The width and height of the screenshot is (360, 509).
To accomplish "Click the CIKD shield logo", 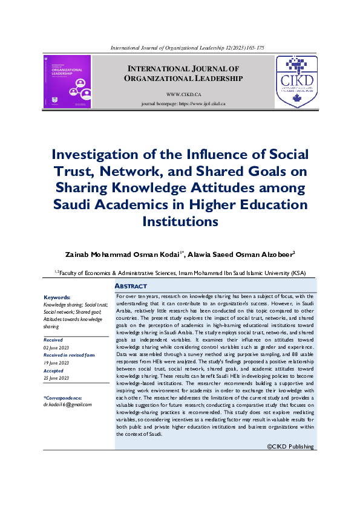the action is click(296, 82).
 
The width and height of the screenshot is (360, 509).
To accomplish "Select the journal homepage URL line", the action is click(183, 104).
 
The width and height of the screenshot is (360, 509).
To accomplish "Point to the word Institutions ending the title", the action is click(180, 222).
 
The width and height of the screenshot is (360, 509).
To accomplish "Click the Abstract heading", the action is click(131, 286).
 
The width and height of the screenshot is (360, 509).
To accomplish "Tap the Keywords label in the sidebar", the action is click(57, 297).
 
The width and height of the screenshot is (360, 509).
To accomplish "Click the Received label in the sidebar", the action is click(53, 340).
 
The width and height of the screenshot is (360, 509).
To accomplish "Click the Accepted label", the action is click(54, 371).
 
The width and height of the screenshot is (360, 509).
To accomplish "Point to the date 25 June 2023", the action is click(56, 378).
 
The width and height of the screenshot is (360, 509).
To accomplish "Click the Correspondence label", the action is click(63, 397).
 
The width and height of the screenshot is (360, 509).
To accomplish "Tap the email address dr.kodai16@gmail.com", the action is click(68, 404).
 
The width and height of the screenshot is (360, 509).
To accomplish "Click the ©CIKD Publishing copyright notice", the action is click(290, 447).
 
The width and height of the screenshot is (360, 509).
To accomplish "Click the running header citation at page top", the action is click(186, 48).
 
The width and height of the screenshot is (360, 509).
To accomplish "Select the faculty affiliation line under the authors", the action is click(180, 273).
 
